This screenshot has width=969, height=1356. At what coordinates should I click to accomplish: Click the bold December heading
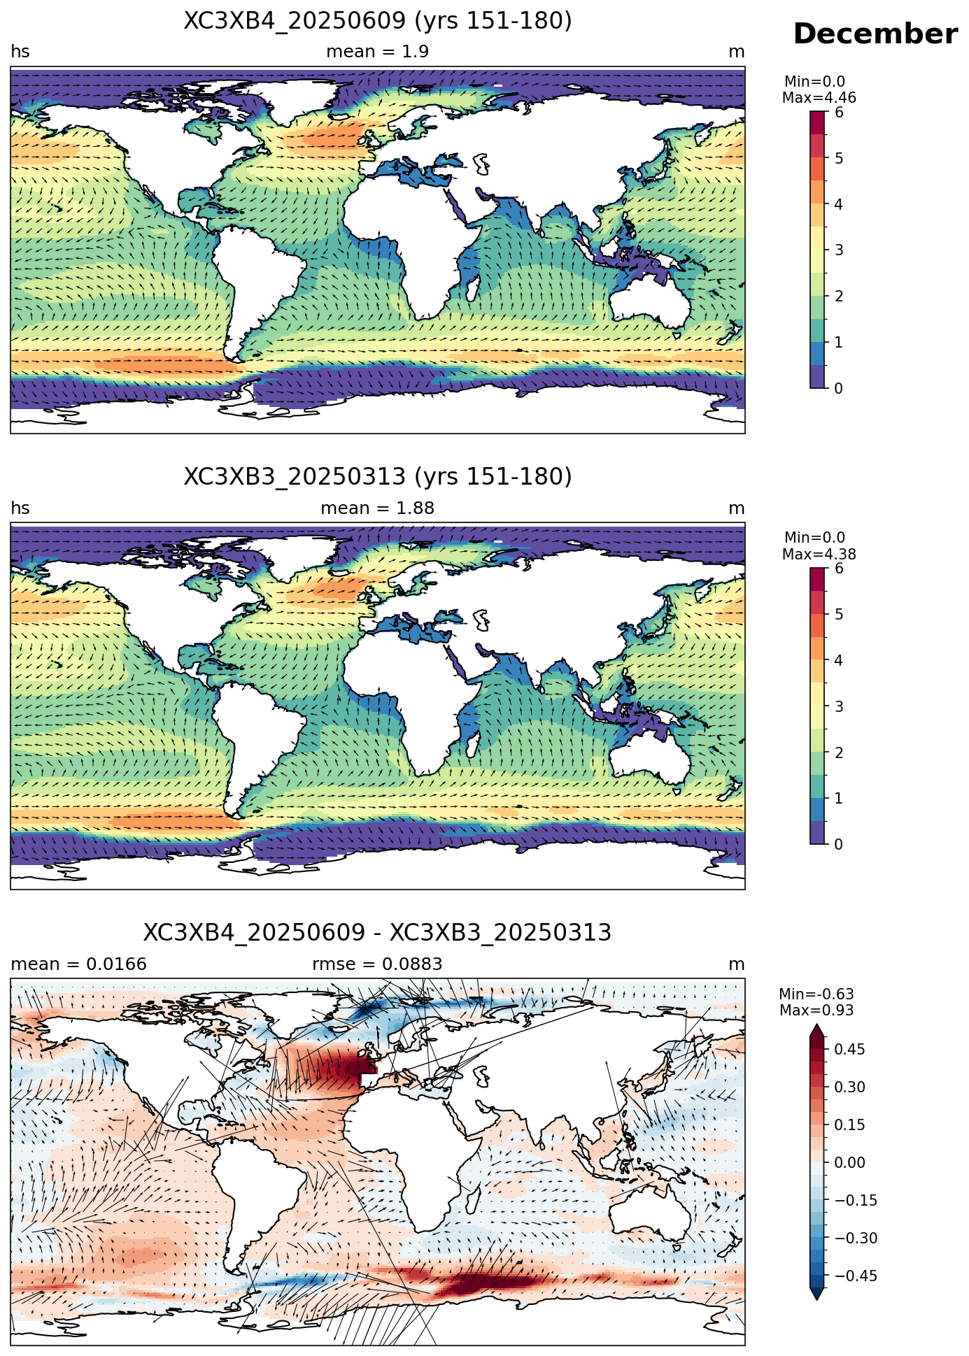pos(875,34)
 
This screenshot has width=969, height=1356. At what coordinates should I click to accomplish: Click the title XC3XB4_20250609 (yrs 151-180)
pos(378,21)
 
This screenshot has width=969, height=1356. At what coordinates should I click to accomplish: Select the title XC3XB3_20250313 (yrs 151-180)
pos(378,477)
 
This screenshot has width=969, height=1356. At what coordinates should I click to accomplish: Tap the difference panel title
pos(378,933)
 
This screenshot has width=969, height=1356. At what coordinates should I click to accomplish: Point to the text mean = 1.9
pos(378,52)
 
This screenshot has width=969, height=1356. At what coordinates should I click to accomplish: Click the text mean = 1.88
pos(378,508)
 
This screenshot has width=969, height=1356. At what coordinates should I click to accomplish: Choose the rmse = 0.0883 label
pos(378,964)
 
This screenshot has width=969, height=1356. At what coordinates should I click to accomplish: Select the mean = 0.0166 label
pos(79,964)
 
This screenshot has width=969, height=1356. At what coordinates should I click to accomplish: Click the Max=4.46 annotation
pos(819,98)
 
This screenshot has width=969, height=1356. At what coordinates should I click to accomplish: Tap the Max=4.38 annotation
pos(819,555)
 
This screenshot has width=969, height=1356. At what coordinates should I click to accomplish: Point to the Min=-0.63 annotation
pos(816,994)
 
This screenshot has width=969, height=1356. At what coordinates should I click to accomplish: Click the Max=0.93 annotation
pos(816,1011)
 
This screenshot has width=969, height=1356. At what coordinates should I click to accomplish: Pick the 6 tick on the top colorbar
pos(839,113)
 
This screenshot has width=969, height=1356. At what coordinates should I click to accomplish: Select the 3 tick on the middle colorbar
pos(839,706)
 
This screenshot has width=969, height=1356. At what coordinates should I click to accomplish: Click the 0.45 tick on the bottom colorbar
pos(849,1049)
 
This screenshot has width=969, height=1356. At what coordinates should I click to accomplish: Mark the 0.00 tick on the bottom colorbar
pos(849,1162)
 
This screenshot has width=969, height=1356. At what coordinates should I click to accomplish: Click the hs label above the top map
pos(20,52)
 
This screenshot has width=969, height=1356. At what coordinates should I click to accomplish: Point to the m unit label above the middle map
pos(737,508)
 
